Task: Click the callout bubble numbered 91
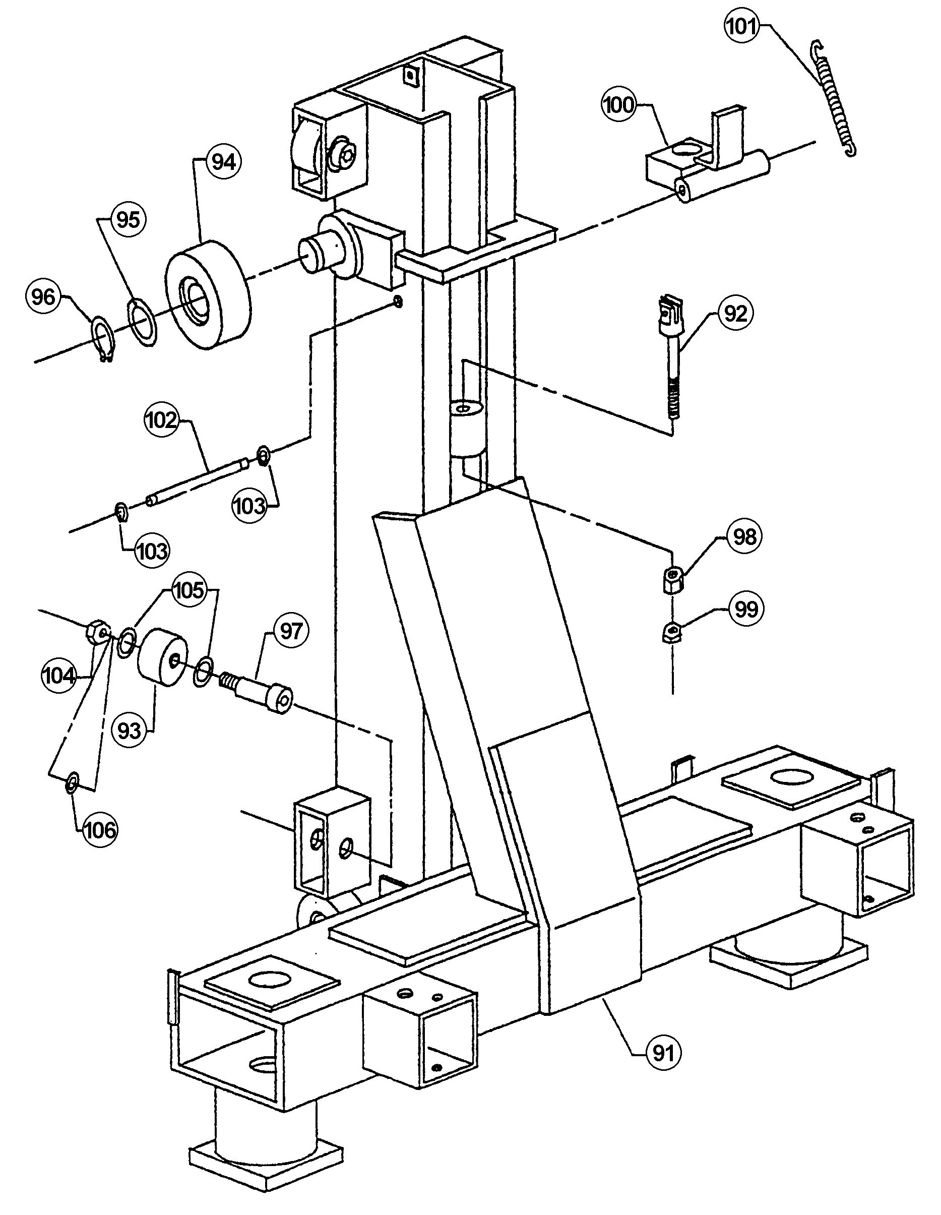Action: (x=663, y=1053)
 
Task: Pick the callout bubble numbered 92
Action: (x=735, y=314)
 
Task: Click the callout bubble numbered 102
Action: (x=162, y=420)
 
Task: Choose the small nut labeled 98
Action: (x=673, y=580)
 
